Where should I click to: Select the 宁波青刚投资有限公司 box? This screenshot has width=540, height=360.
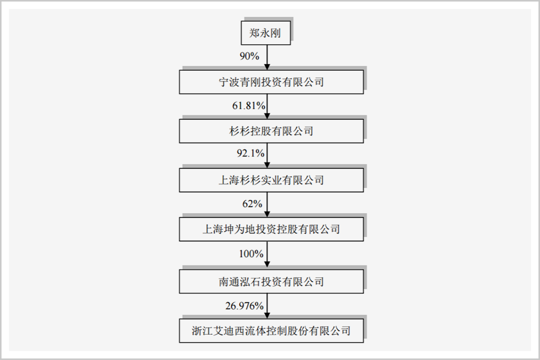(271, 83)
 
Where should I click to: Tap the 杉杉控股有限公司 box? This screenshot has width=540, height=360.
(271, 131)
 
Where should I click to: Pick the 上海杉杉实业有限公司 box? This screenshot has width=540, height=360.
(271, 180)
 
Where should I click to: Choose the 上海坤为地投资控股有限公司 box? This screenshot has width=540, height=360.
(271, 229)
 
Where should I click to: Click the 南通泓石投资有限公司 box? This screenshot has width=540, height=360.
(271, 281)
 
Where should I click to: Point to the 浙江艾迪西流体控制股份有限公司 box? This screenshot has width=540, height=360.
(271, 330)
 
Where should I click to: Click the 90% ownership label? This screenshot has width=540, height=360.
(250, 56)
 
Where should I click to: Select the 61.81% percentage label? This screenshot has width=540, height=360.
(249, 106)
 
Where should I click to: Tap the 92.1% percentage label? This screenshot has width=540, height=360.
(251, 154)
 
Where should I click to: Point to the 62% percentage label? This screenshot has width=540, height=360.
(252, 204)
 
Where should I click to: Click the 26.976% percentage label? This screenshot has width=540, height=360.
(245, 306)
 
